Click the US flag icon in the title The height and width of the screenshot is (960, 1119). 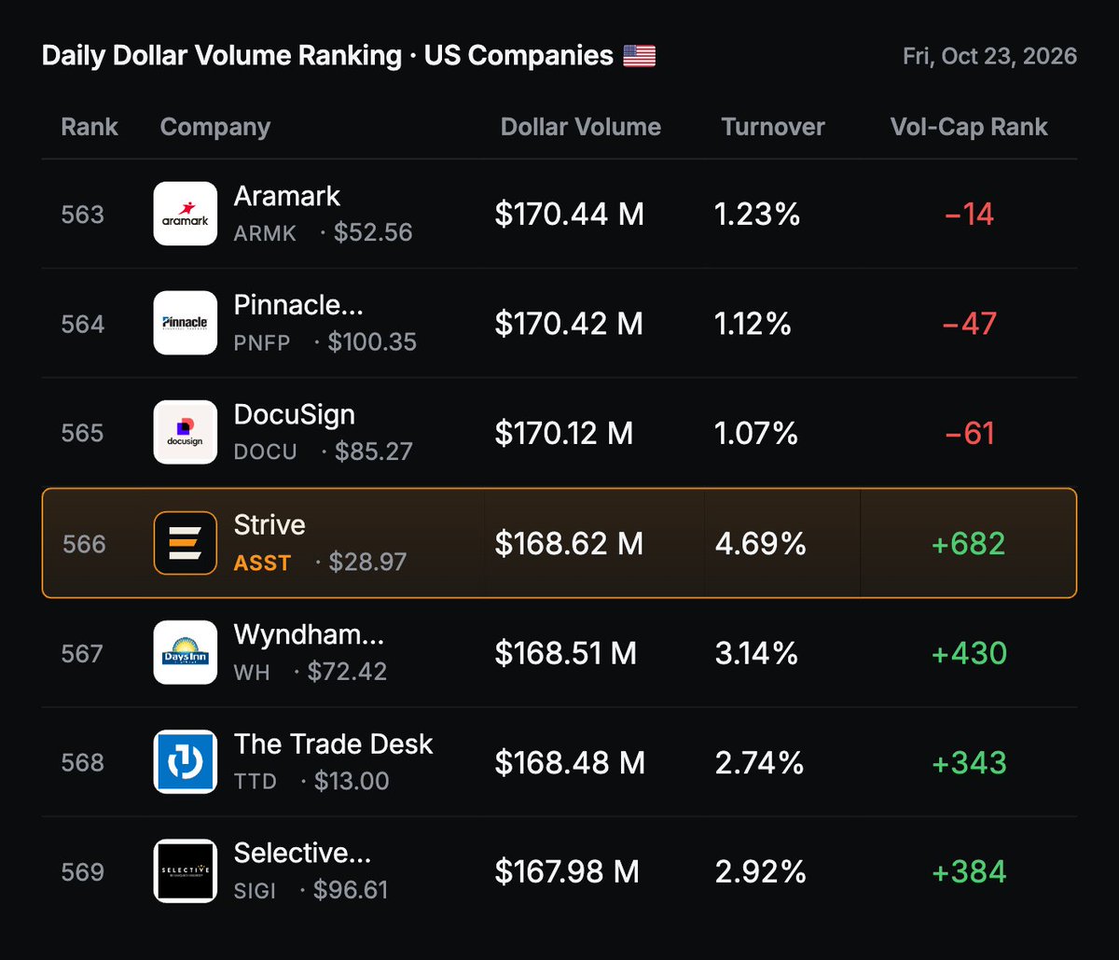[x=639, y=56]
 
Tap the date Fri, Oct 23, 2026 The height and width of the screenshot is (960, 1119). [x=989, y=56]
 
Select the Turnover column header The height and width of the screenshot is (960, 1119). [x=773, y=127]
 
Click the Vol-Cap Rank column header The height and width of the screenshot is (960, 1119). [x=969, y=127]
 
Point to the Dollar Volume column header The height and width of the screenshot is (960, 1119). [x=580, y=127]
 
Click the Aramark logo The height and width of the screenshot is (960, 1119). [x=186, y=214]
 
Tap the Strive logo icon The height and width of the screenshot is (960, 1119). [x=186, y=543]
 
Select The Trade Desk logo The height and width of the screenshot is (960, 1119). [x=186, y=761]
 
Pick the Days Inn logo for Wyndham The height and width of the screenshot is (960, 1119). [x=186, y=652]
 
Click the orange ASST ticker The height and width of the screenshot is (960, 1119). [x=262, y=563]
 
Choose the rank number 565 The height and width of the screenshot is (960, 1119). [x=82, y=433]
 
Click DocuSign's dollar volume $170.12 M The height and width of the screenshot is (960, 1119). [x=563, y=433]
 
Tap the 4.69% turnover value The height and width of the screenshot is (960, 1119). [x=760, y=543]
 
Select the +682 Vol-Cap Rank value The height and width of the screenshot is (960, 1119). [x=969, y=543]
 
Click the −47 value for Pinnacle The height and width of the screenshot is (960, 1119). [x=969, y=324]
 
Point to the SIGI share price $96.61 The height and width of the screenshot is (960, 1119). [x=351, y=890]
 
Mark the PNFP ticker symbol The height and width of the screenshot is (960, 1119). [x=262, y=342]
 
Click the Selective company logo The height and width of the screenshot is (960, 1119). [x=186, y=871]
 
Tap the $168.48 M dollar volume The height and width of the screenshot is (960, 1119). [x=570, y=762]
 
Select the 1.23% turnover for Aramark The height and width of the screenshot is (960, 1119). [x=757, y=214]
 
